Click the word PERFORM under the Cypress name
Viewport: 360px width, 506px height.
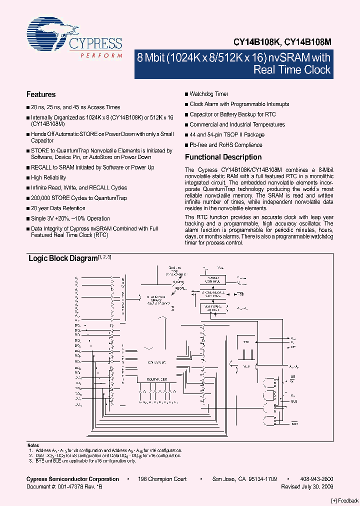tap(101, 55)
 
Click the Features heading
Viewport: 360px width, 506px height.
tap(41, 94)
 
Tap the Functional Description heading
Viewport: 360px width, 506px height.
tap(223, 157)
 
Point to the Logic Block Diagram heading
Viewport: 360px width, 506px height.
tap(62, 258)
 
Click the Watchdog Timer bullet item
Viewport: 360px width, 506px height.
tap(209, 94)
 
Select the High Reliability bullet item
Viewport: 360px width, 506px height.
tap(48, 177)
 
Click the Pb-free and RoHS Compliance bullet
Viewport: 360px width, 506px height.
tap(226, 145)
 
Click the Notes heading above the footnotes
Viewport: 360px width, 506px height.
tap(32, 445)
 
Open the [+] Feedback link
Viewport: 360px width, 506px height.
tap(345, 500)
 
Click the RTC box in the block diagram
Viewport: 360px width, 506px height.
tap(246, 342)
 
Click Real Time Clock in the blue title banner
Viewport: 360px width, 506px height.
tap(292, 69)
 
